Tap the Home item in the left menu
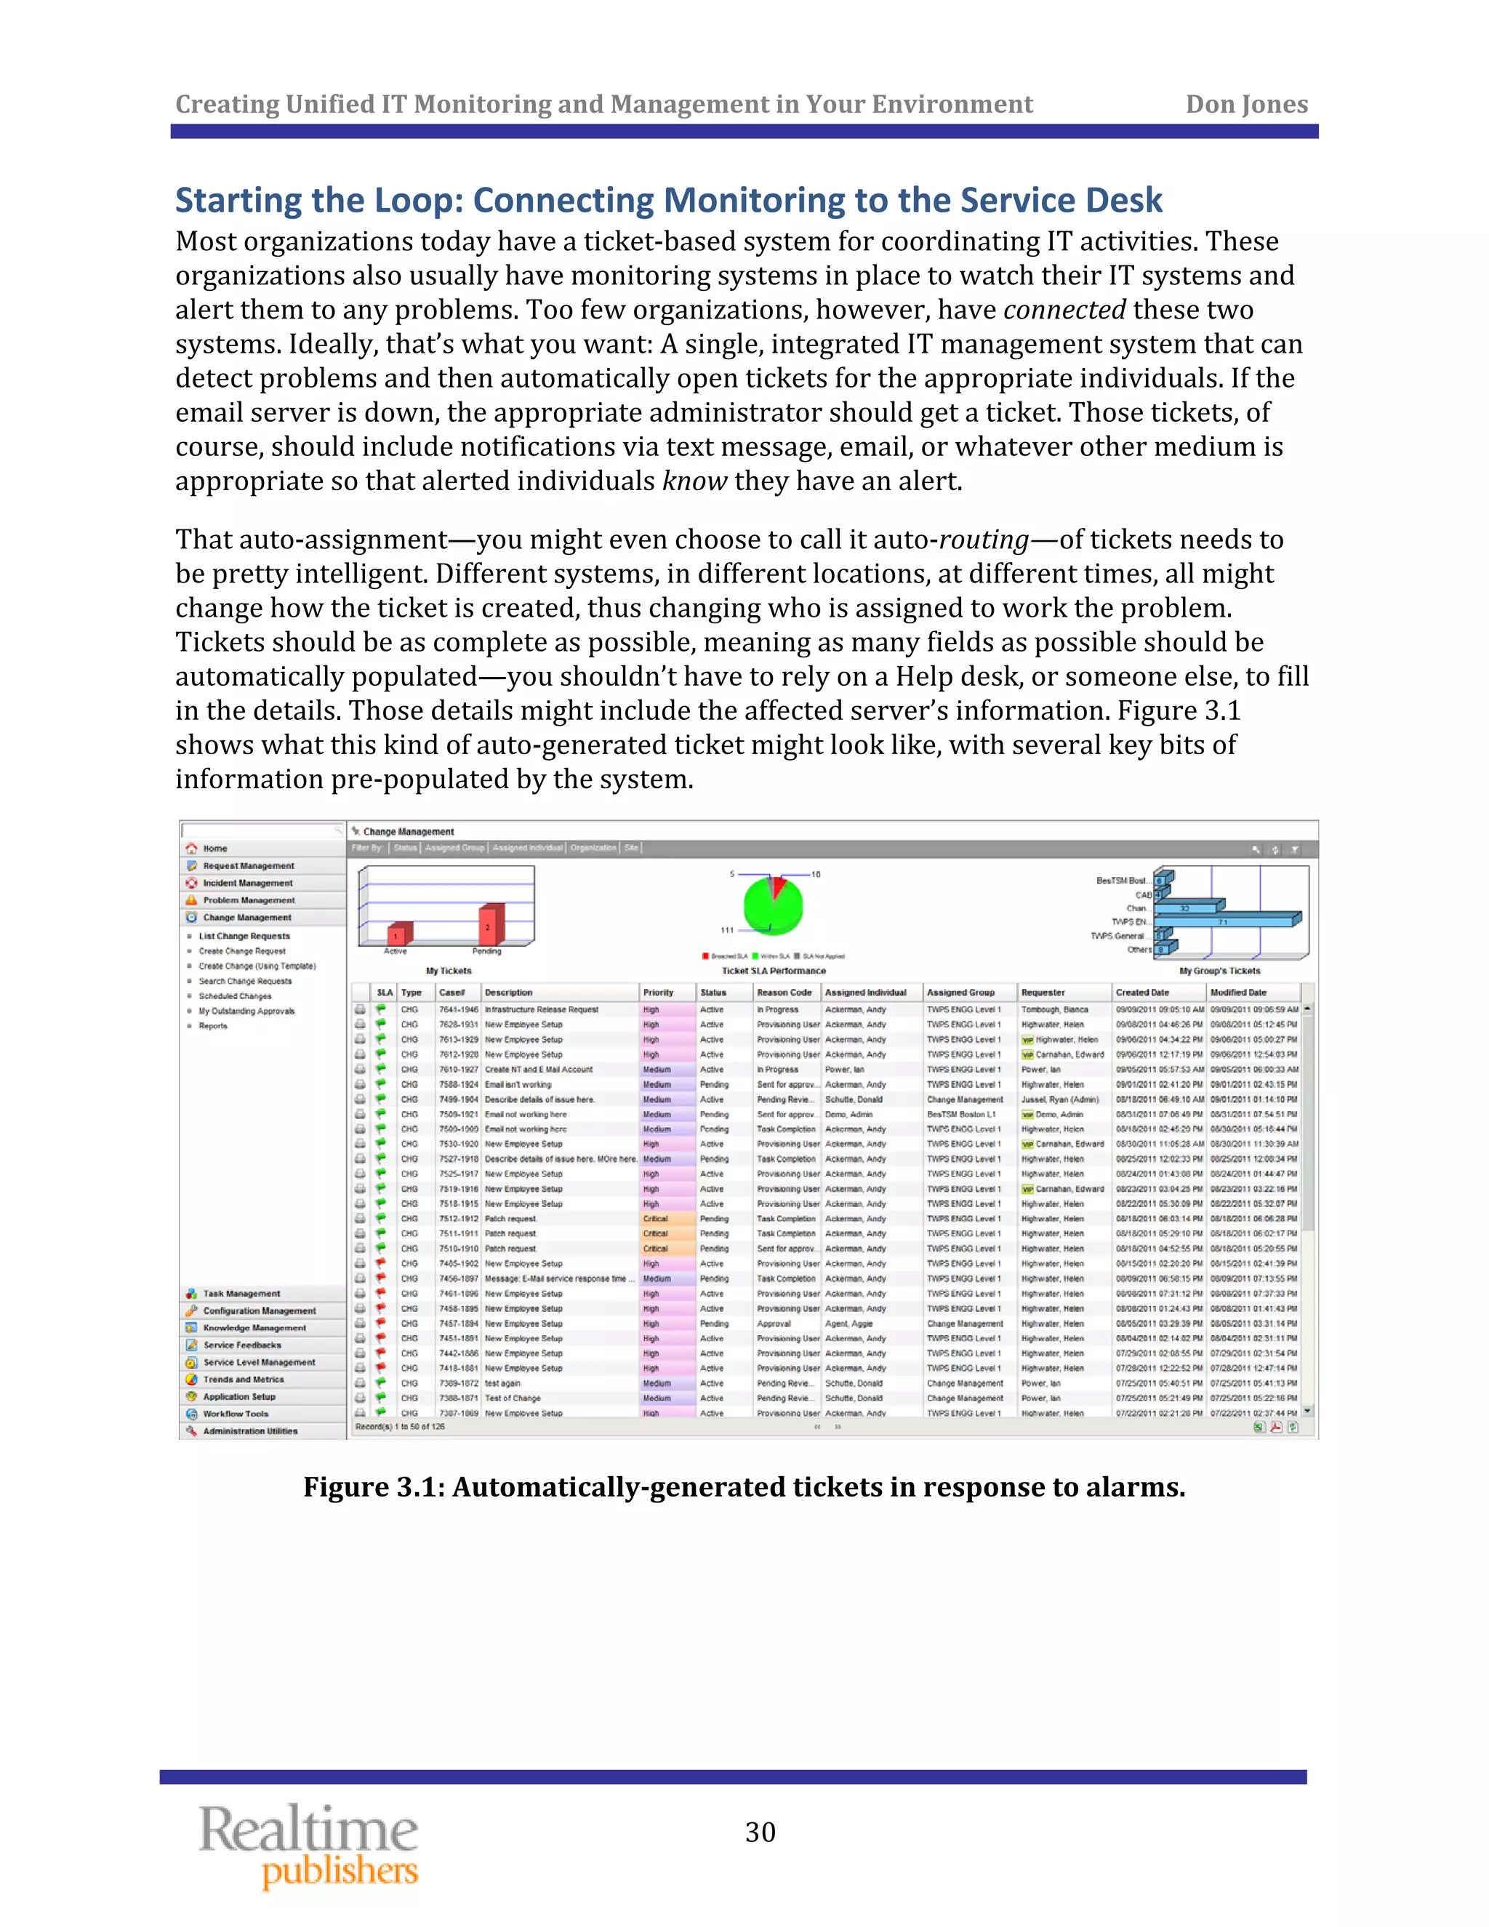215,848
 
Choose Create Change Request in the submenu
241,951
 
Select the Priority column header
658,993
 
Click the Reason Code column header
783,993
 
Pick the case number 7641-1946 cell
459,1009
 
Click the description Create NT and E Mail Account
538,1070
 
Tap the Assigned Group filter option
454,848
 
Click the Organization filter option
593,848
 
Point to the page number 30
760,1832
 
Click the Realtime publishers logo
309,1846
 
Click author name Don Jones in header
1245,104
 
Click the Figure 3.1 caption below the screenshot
744,1488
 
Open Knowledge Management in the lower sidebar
254,1328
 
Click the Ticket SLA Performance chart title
774,971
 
